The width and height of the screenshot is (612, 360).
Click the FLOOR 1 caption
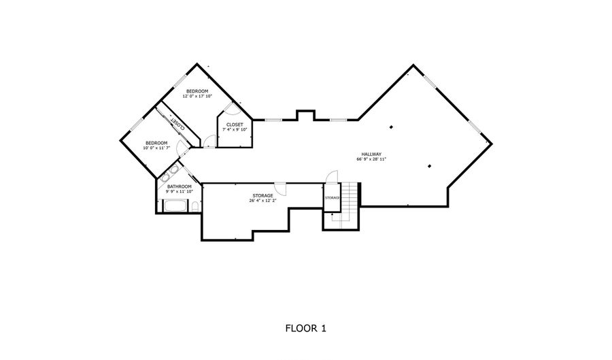coord(305,329)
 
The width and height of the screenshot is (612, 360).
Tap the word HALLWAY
coord(371,154)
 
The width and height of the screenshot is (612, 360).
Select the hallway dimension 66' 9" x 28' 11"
coord(371,159)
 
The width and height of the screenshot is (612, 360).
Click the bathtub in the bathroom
coord(175,206)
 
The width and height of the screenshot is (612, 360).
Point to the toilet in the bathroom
coord(195,207)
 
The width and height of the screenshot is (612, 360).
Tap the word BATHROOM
coord(180,186)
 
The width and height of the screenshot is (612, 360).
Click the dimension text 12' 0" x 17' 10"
coord(197,96)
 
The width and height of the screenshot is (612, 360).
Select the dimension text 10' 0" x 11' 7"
coord(156,148)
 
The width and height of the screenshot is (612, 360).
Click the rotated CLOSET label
coord(178,124)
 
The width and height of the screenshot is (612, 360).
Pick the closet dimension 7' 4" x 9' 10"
coord(235,129)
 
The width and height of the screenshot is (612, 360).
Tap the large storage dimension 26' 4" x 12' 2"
coord(262,201)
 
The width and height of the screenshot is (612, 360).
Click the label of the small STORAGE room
coord(332,198)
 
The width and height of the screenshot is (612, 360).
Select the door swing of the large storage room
coord(280,189)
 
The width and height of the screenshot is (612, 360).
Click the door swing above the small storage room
coord(332,176)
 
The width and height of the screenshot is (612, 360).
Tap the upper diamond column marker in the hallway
coord(391,127)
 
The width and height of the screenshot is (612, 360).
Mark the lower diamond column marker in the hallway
coord(429,166)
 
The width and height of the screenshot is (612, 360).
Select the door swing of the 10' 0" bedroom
coord(181,147)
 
